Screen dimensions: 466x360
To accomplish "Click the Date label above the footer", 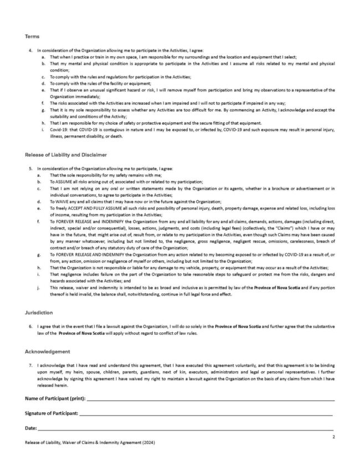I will point(30,428).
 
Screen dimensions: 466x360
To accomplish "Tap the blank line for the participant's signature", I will point(205,414).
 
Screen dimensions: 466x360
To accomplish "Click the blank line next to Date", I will point(186,429).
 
